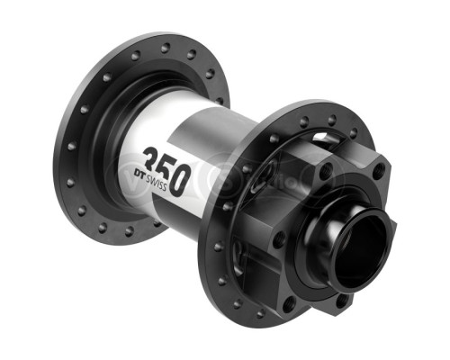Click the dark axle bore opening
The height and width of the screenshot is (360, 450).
[x=359, y=243]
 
